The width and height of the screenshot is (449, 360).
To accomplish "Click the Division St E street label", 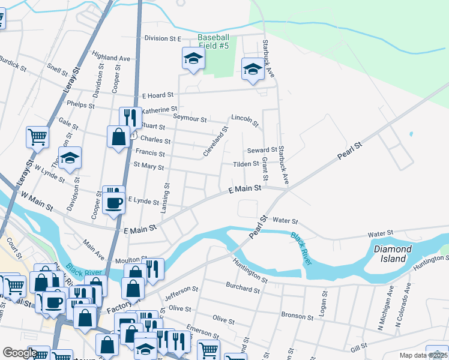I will [x=162, y=38].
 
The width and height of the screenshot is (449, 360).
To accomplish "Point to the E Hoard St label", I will [x=157, y=95].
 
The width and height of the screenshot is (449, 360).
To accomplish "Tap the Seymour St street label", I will [x=190, y=119].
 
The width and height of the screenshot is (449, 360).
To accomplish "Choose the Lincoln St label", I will [x=245, y=121].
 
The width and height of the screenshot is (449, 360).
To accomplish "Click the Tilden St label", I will [x=246, y=163].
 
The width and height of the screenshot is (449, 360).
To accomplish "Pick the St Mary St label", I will [x=148, y=166].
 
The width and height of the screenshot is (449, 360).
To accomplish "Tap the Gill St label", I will [x=358, y=348].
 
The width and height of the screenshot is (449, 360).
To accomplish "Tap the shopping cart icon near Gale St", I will [x=37, y=137].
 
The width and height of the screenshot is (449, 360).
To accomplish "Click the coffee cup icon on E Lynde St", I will [x=113, y=203].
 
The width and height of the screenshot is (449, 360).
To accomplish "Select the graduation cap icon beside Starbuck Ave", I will [x=253, y=70].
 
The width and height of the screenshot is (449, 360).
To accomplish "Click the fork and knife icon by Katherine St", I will [x=128, y=115].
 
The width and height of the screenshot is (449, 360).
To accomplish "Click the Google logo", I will [x=20, y=353].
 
